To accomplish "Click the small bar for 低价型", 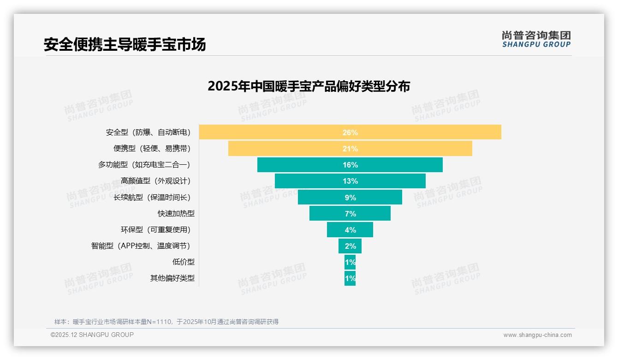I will [350, 262].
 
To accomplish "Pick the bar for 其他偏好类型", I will [350, 278].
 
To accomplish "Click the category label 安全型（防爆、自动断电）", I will [148, 132].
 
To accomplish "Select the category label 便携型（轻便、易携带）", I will [152, 149].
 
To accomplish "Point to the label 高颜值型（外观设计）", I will [155, 181].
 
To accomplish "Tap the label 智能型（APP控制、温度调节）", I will [141, 246].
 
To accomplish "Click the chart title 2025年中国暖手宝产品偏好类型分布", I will [309, 86].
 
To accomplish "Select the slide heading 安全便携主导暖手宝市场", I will [125, 44].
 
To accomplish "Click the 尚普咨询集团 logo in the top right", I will [536, 39].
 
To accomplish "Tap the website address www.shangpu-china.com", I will [537, 335].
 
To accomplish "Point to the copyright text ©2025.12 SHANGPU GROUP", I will [92, 335].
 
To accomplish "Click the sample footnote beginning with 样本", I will [166, 322].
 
